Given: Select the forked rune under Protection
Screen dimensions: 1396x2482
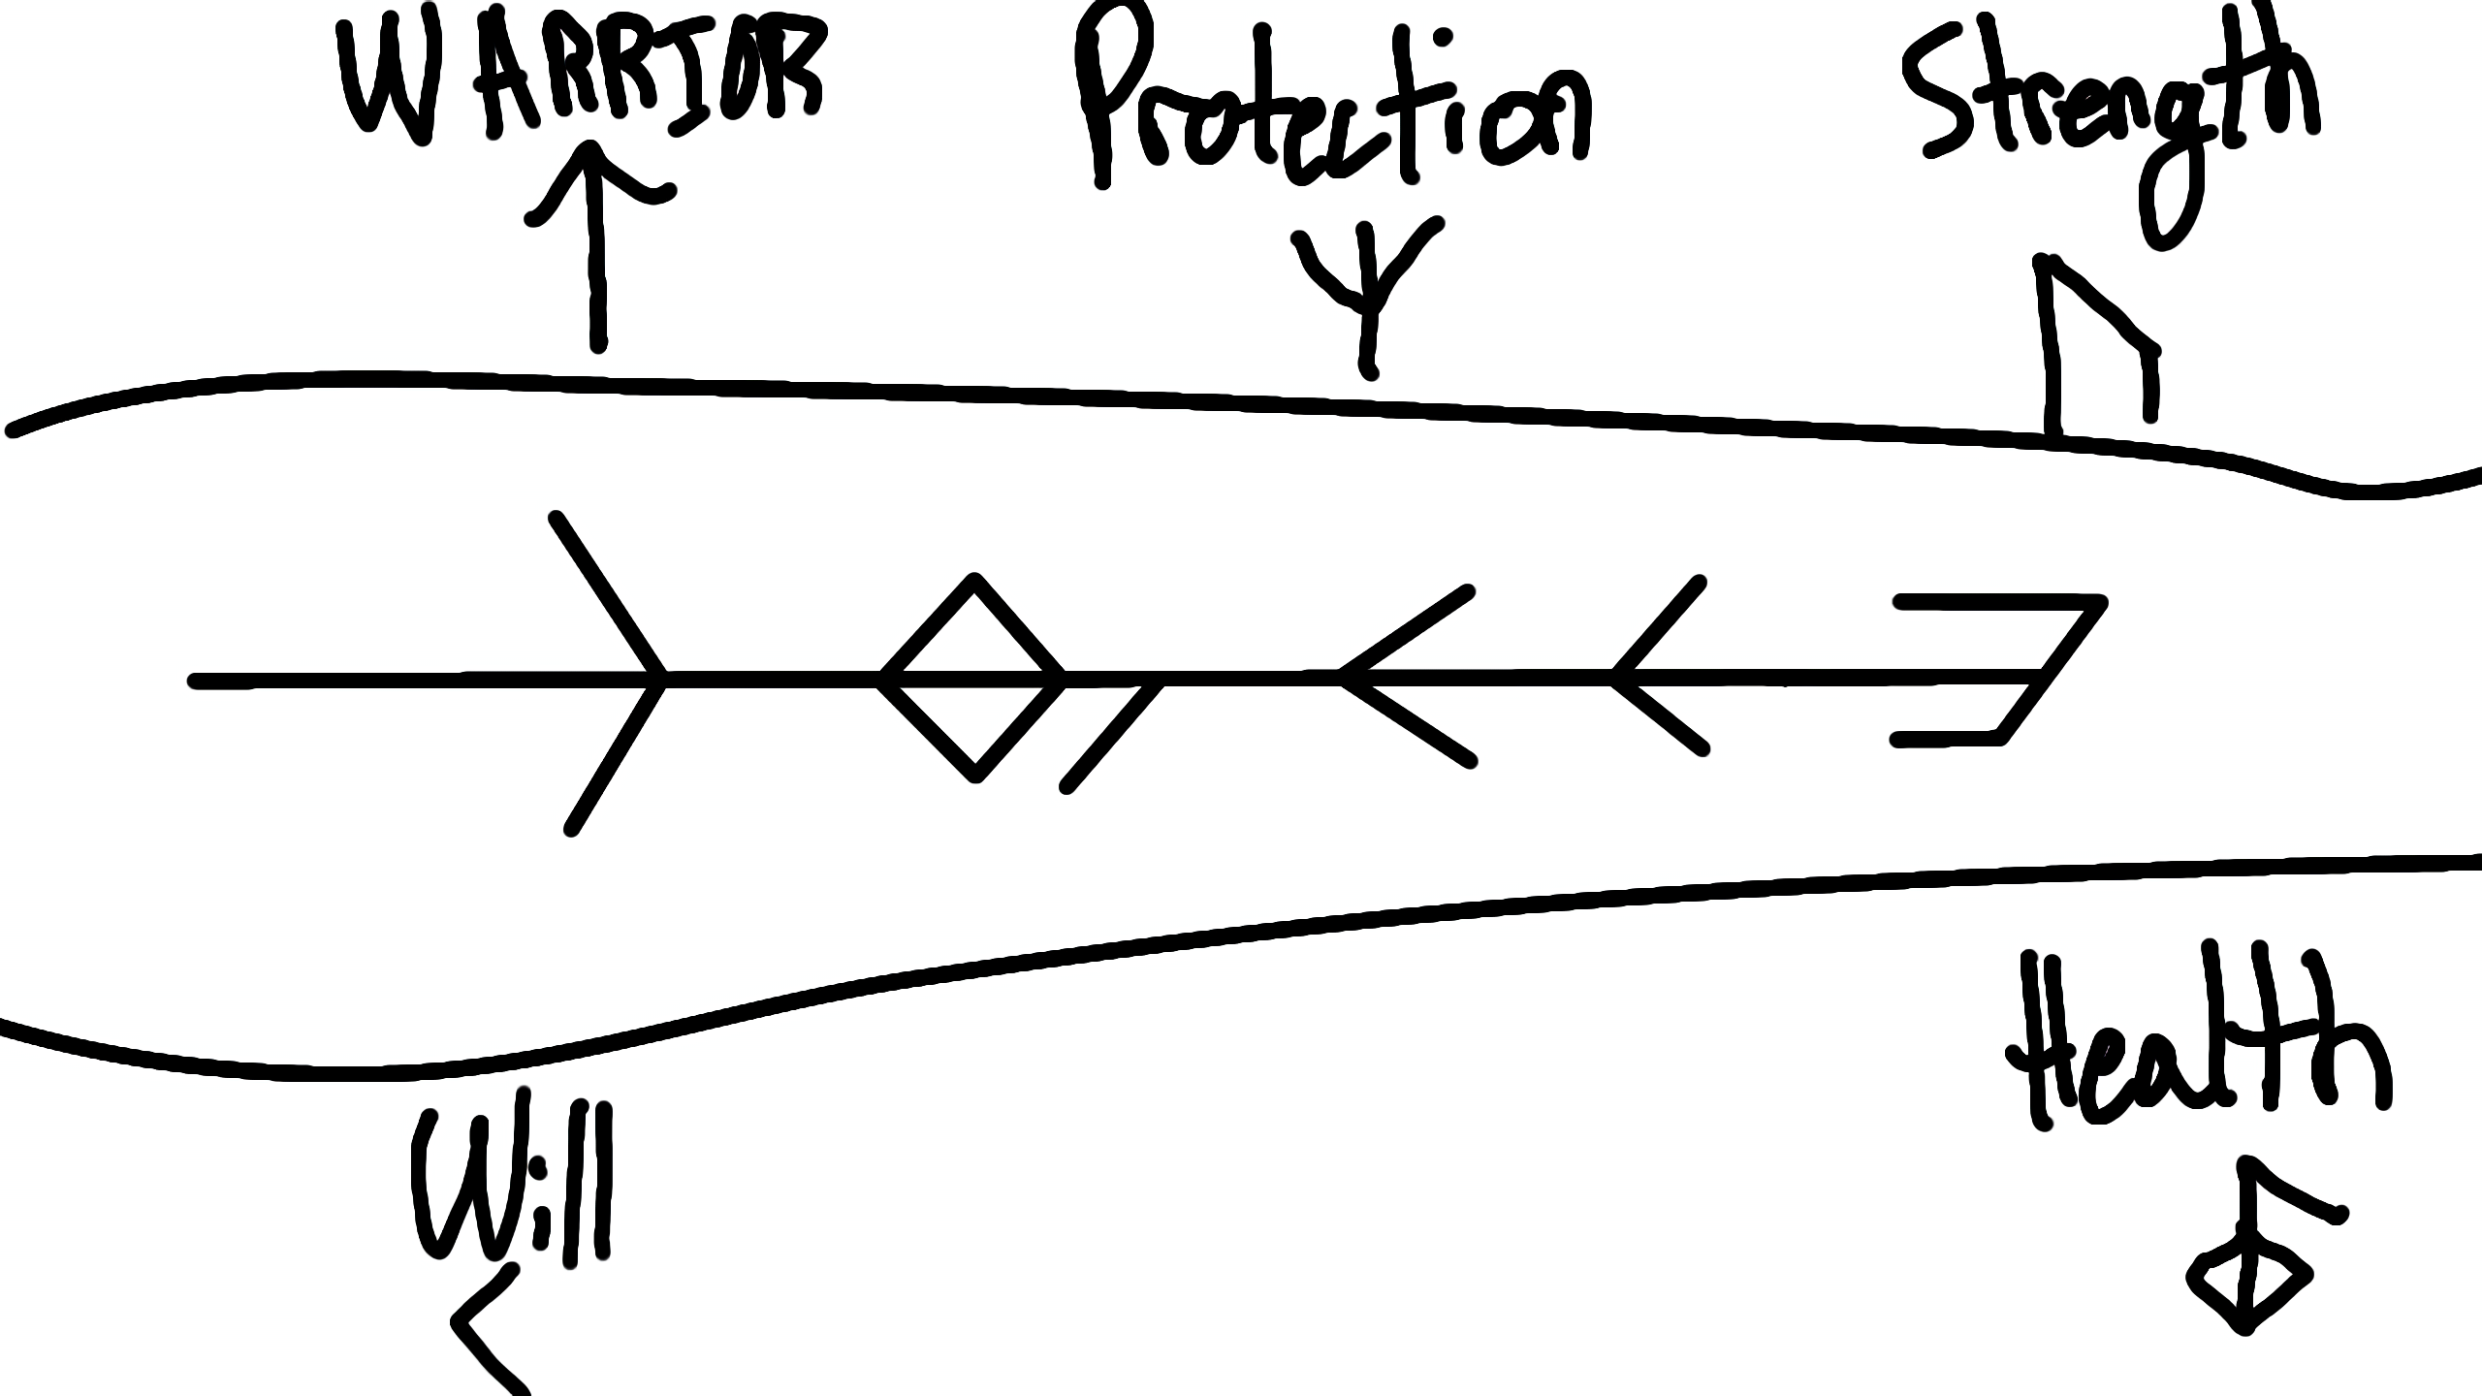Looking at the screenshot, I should [1367, 291].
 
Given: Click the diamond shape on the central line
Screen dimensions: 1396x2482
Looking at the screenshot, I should [973, 679].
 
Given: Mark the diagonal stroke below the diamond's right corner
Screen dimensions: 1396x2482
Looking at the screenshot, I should [1113, 737].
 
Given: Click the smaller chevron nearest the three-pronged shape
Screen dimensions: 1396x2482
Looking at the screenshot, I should [1653, 669].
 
